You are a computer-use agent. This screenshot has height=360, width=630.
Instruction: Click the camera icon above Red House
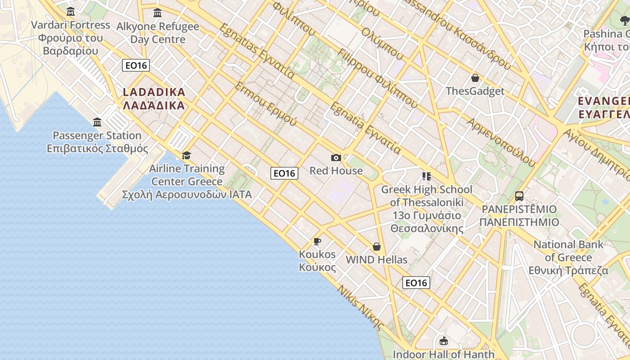336,157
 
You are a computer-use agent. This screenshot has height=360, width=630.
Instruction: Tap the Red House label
336,171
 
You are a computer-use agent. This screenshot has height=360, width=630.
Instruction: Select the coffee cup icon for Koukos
317,242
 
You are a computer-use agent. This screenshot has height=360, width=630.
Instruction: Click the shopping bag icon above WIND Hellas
377,247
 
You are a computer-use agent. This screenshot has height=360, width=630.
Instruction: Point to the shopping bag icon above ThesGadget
475,78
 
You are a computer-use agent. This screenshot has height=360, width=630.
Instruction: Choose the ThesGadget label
475,91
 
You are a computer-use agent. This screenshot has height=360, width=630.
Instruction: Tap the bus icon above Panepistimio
519,196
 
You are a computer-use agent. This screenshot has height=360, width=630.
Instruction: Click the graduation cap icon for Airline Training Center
186,156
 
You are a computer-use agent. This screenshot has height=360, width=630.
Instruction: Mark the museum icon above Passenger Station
97,122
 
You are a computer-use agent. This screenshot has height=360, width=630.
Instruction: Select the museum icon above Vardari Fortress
71,11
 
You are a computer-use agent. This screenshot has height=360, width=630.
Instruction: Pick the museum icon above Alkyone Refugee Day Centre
157,13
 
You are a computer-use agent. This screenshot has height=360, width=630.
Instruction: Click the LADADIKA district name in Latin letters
154,92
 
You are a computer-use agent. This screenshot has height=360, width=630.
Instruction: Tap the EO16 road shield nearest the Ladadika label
136,65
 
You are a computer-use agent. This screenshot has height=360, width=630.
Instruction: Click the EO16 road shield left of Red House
284,173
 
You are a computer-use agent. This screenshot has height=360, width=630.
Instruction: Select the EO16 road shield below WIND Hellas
416,283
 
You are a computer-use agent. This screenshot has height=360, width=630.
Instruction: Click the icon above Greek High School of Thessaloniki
426,176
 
